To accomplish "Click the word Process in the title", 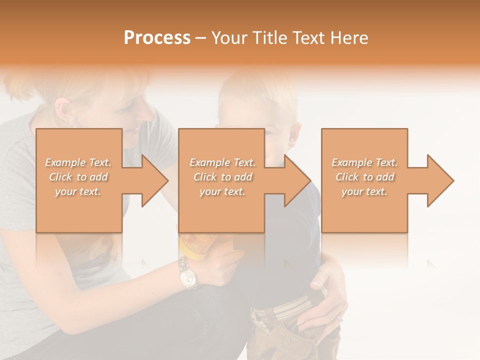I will point(157,38).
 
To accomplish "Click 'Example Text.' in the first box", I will point(78,162).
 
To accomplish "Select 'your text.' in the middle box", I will point(222,191).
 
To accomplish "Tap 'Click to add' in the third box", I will point(364,177).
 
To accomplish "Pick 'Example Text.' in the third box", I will point(364,162).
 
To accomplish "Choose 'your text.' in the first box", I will point(78,191).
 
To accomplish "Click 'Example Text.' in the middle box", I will point(222,162).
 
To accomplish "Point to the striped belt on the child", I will point(285,306).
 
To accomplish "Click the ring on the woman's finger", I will point(339,318).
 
